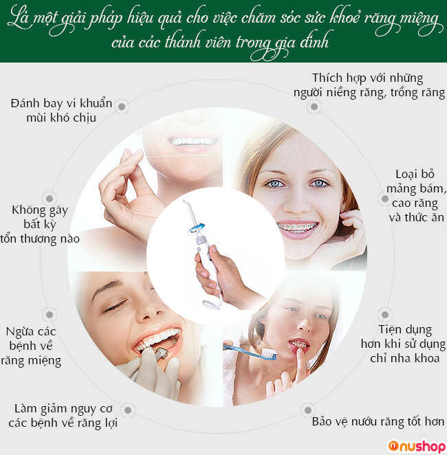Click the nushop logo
[x=417, y=446]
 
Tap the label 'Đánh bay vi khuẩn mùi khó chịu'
[x=61, y=111]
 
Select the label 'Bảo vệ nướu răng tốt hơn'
[x=378, y=421]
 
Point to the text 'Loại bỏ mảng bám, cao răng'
[x=415, y=188]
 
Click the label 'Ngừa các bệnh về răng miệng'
[x=31, y=346]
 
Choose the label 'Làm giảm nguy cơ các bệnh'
[x=63, y=416]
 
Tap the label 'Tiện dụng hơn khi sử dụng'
[x=404, y=337]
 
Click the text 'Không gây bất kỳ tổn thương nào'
[x=40, y=224]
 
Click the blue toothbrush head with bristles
[x=269, y=355]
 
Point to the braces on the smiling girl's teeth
[x=297, y=227]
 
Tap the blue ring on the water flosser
[x=196, y=227]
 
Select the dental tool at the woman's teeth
[x=160, y=353]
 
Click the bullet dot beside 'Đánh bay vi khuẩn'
[x=122, y=107]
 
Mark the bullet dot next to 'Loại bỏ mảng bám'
[x=385, y=199]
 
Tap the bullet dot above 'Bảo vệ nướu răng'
[x=308, y=410]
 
